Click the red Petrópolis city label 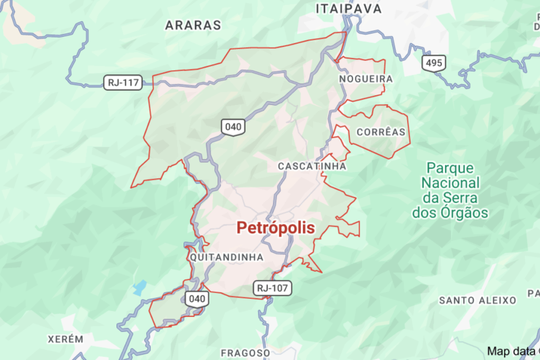275,228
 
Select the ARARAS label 193,25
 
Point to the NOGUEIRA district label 367,79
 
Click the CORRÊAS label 381,132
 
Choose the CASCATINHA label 312,166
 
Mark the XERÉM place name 65,339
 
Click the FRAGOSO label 245,352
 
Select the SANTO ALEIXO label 478,300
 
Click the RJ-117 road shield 123,82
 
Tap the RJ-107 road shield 272,288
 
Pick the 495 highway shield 433,63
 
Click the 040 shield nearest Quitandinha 197,299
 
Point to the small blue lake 139,288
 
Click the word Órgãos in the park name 464,213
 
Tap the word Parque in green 450,168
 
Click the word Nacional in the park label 450,183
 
